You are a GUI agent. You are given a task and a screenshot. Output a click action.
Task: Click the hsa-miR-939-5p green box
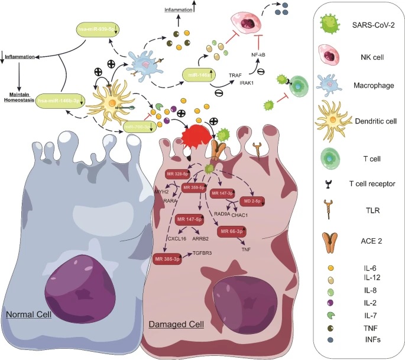click(x=99, y=29)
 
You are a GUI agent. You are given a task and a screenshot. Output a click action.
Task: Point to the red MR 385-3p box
click(x=169, y=259)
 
